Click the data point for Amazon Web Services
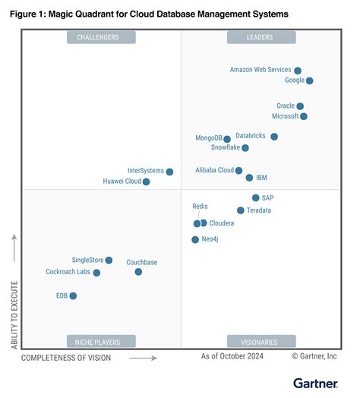[x=298, y=71]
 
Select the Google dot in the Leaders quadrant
[x=309, y=81]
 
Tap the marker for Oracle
[x=300, y=106]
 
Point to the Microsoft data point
[x=304, y=116]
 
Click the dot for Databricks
[x=274, y=137]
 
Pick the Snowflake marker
[x=245, y=148]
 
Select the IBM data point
[x=249, y=178]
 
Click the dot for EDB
[x=73, y=296]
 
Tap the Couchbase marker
[x=138, y=272]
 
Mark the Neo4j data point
[x=195, y=240]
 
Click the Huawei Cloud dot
[x=147, y=182]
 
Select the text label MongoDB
[x=208, y=138]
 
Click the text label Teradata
[x=259, y=210]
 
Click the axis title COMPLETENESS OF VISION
[x=65, y=357]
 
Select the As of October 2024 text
[x=232, y=355]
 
